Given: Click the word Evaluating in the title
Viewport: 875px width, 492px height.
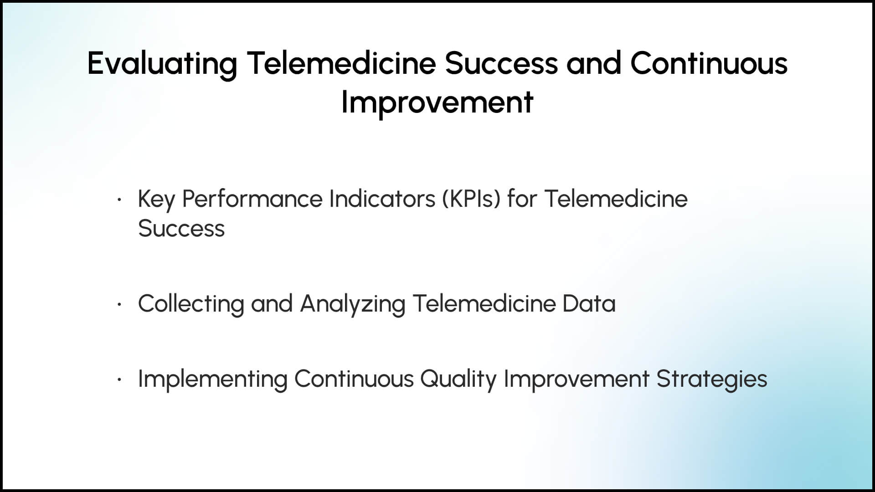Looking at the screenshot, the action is [163, 64].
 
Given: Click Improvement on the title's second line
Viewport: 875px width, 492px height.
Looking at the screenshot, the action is [437, 102].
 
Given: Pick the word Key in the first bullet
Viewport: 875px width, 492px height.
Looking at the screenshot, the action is [156, 200].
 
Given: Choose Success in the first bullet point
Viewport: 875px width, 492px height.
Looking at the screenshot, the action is [181, 228].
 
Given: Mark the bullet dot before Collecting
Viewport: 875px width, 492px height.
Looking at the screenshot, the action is [119, 304].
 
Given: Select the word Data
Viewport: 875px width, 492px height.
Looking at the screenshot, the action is [589, 303].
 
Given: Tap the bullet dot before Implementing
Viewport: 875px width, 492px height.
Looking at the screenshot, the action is [119, 379].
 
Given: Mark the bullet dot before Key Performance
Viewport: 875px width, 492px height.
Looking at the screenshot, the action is [119, 199].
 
